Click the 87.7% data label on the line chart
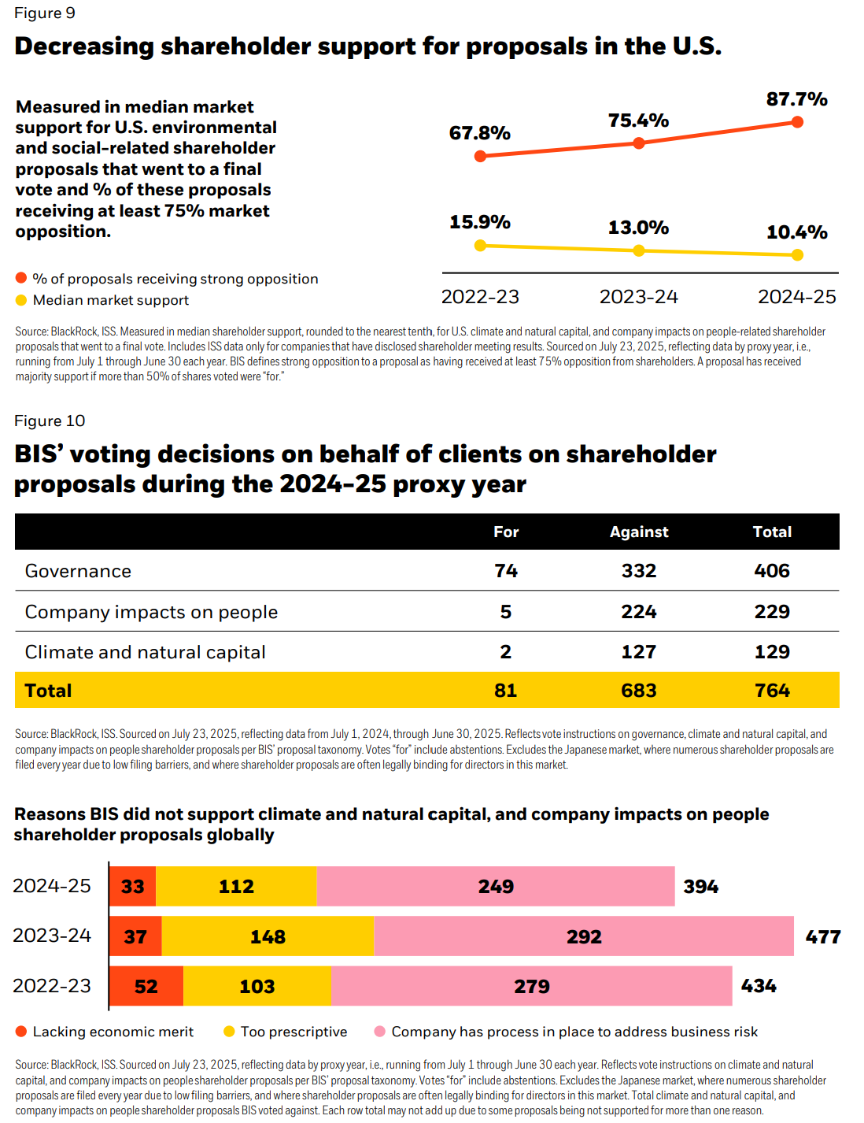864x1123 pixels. pos(796,99)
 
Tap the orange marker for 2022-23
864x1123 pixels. pos(481,156)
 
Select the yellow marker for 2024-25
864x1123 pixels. pos(797,254)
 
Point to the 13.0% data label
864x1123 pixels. pos(638,228)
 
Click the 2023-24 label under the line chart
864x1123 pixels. pos(638,297)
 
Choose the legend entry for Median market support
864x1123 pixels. pos(110,300)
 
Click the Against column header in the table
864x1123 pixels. pos(638,532)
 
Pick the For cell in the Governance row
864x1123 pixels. pos(506,571)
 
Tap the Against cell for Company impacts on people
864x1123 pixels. pos(638,612)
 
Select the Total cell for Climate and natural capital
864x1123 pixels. pos(772,652)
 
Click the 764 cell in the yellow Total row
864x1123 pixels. pos(772,691)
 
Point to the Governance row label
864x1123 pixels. pos(78,571)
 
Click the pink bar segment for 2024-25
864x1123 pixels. pos(496,887)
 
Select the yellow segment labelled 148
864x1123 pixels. pos(268,936)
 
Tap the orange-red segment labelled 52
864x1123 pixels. pos(146,986)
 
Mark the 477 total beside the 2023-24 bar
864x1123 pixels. pos(823,937)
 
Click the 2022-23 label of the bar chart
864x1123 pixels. pos(52,986)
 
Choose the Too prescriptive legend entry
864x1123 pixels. pos(294,1032)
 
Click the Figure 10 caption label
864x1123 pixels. pos(50,421)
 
